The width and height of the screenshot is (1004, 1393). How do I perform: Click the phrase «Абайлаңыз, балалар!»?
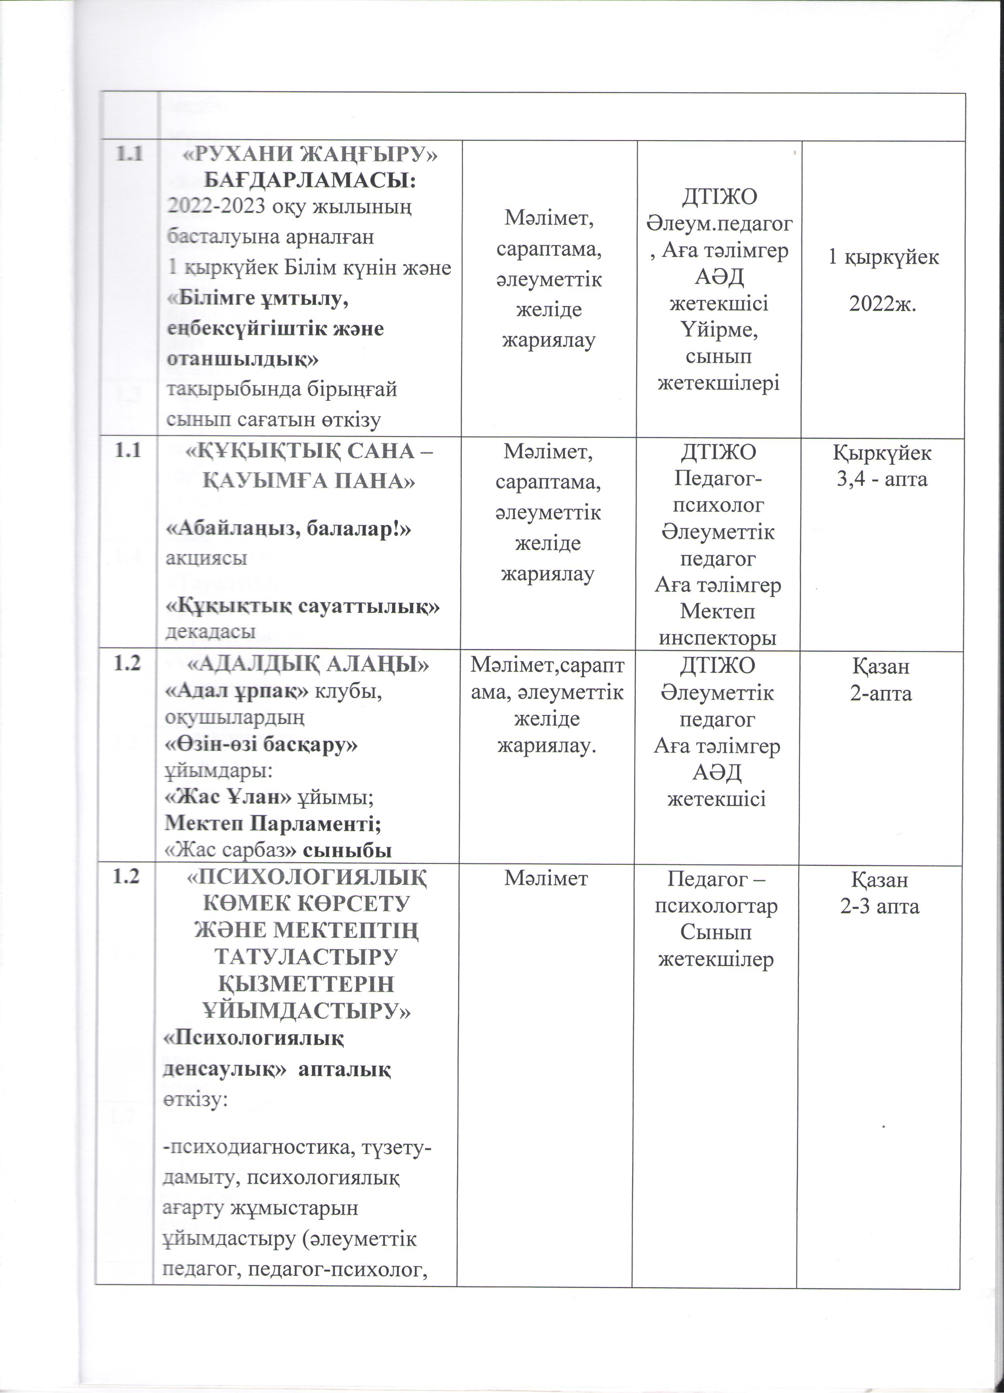click(x=289, y=529)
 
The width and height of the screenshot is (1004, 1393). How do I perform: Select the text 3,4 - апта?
click(x=881, y=479)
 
